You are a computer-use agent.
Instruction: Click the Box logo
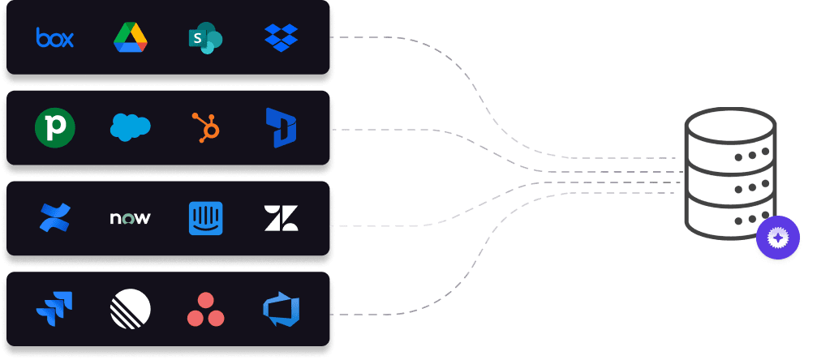pyautogui.click(x=55, y=37)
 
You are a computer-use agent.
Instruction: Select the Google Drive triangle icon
pyautogui.click(x=130, y=37)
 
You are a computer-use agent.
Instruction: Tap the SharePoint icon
pyautogui.click(x=205, y=38)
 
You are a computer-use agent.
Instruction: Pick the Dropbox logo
pyautogui.click(x=281, y=37)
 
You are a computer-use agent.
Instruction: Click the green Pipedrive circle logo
pyautogui.click(x=55, y=128)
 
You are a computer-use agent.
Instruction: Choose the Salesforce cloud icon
pyautogui.click(x=130, y=127)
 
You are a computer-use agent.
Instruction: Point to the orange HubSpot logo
pyautogui.click(x=205, y=127)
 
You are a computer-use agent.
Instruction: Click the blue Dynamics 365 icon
pyautogui.click(x=281, y=128)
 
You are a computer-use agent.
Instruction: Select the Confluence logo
pyautogui.click(x=55, y=217)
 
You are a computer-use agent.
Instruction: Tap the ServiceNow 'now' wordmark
pyautogui.click(x=130, y=218)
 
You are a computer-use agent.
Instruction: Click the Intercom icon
pyautogui.click(x=205, y=218)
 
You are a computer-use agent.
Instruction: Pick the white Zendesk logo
pyautogui.click(x=281, y=218)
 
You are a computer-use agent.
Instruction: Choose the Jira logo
pyautogui.click(x=55, y=308)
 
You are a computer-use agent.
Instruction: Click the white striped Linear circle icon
pyautogui.click(x=130, y=308)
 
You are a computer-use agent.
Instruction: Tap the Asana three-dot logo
pyautogui.click(x=205, y=308)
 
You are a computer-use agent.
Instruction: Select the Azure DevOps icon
pyautogui.click(x=281, y=308)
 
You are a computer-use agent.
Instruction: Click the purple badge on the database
pyautogui.click(x=777, y=238)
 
